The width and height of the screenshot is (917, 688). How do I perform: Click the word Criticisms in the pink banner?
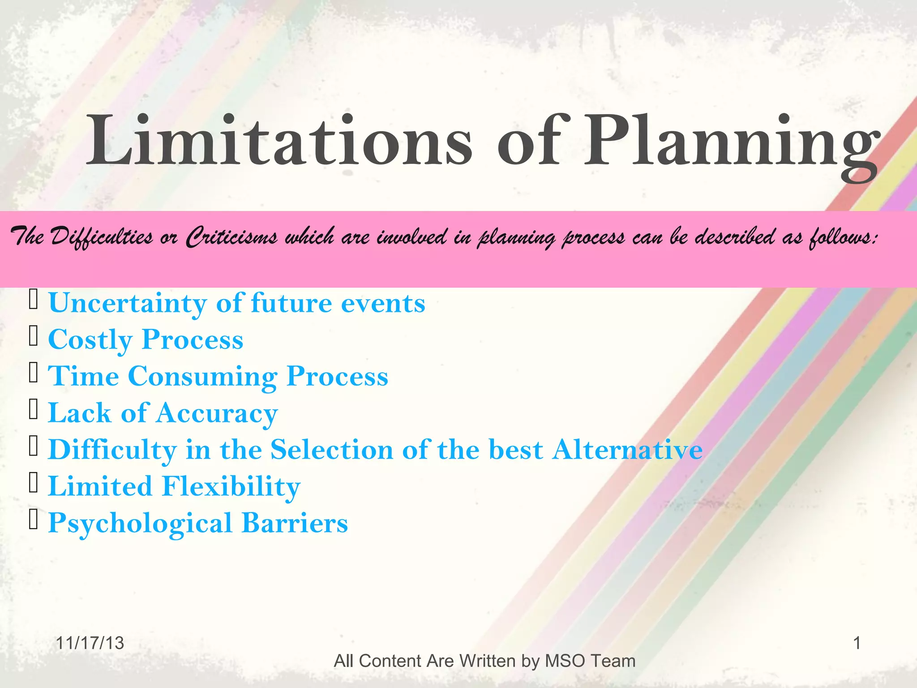click(x=231, y=236)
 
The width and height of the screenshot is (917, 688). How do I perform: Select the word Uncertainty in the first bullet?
click(x=128, y=303)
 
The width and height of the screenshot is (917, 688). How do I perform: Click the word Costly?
click(x=90, y=340)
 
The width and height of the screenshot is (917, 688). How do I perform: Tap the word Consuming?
click(x=203, y=376)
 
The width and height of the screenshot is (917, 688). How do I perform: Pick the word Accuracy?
click(x=217, y=413)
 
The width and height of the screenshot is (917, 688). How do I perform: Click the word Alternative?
click(x=627, y=449)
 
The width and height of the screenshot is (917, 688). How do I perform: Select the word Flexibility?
click(x=231, y=486)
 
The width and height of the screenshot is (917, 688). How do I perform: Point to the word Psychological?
click(x=140, y=523)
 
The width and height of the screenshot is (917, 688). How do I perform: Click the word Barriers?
click(x=295, y=523)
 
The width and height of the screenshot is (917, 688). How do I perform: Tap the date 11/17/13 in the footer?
click(x=90, y=643)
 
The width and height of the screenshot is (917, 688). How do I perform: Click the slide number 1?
click(x=857, y=643)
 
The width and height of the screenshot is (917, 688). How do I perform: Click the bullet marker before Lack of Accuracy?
click(x=33, y=410)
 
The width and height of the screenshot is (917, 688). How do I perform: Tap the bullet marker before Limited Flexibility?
click(x=33, y=483)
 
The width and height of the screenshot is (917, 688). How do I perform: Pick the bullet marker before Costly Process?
click(x=33, y=336)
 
